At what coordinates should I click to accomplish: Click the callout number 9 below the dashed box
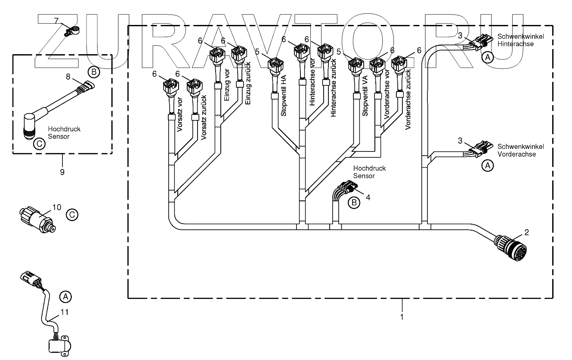click(x=62, y=172)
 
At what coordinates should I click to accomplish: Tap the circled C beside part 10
click(x=72, y=214)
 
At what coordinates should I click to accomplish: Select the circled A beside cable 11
click(x=65, y=296)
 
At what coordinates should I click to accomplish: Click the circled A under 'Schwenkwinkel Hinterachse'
click(x=486, y=57)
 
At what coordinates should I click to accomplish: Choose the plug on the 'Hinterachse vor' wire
click(x=301, y=54)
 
